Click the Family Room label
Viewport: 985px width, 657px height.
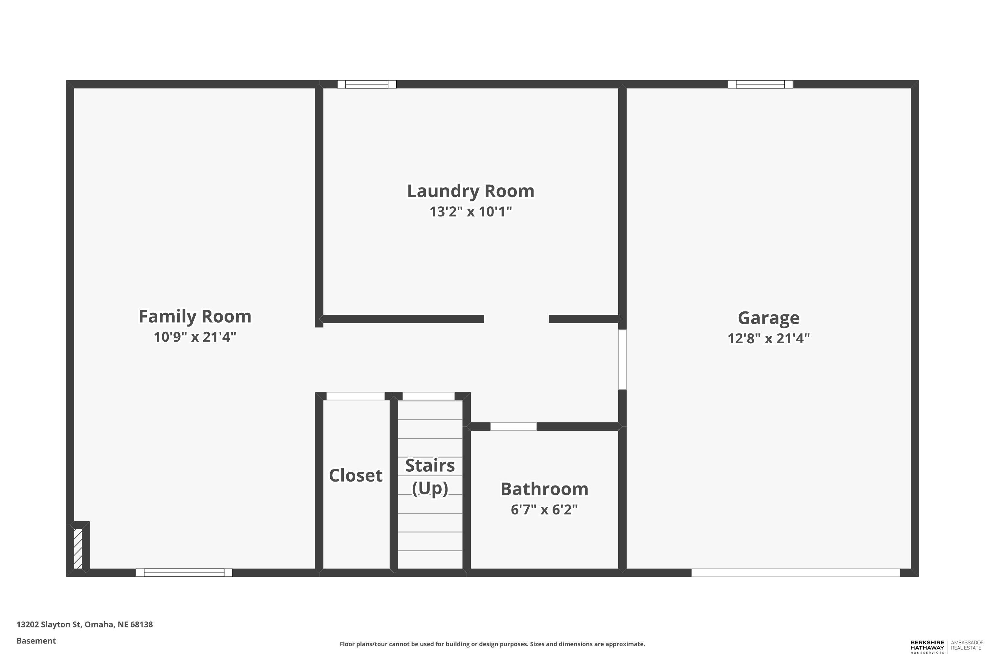click(195, 316)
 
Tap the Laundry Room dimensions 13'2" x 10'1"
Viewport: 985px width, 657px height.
click(471, 212)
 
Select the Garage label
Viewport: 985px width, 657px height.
click(769, 318)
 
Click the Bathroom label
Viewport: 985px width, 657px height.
click(544, 489)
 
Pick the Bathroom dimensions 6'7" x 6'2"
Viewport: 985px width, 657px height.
click(544, 510)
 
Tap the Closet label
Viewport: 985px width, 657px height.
click(356, 476)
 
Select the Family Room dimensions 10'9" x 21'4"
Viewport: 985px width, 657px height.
click(195, 337)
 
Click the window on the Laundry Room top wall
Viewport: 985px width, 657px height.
click(367, 84)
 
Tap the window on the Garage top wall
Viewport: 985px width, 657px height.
click(760, 84)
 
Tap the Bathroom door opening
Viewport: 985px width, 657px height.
click(514, 426)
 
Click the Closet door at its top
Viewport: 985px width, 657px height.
click(356, 396)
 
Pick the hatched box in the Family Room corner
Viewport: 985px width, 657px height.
click(78, 549)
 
